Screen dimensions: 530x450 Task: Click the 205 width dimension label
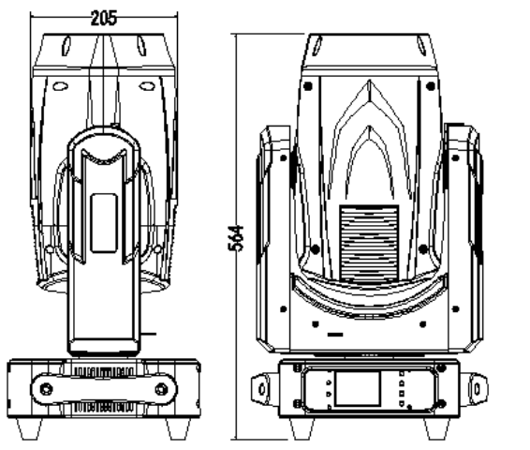104,18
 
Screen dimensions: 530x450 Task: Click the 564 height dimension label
236,238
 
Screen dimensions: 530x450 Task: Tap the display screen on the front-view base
358,388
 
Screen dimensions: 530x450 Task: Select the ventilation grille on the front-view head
369,243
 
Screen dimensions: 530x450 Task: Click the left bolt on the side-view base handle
46,389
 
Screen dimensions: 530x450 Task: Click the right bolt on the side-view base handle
162,389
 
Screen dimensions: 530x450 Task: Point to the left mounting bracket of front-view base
265,389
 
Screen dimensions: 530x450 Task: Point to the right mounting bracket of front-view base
474,389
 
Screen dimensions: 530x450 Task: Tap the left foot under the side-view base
30,428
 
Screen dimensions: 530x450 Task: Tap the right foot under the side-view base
178,428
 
